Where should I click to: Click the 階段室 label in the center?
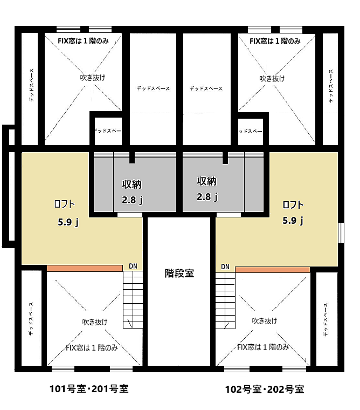point(179,274)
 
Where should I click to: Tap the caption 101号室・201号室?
point(89,388)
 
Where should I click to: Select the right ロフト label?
point(293,204)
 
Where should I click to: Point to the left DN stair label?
point(133,266)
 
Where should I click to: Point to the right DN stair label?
point(225,266)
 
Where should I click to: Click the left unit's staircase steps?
point(133,299)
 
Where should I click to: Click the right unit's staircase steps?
point(226,299)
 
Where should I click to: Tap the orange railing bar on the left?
point(85,268)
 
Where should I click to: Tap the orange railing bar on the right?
point(272,269)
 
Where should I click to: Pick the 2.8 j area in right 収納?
point(207,197)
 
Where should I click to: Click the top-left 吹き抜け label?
point(89,78)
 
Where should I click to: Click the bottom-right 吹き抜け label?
point(265,321)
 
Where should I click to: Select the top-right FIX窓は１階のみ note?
point(274,40)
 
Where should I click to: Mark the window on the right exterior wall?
point(340,233)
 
